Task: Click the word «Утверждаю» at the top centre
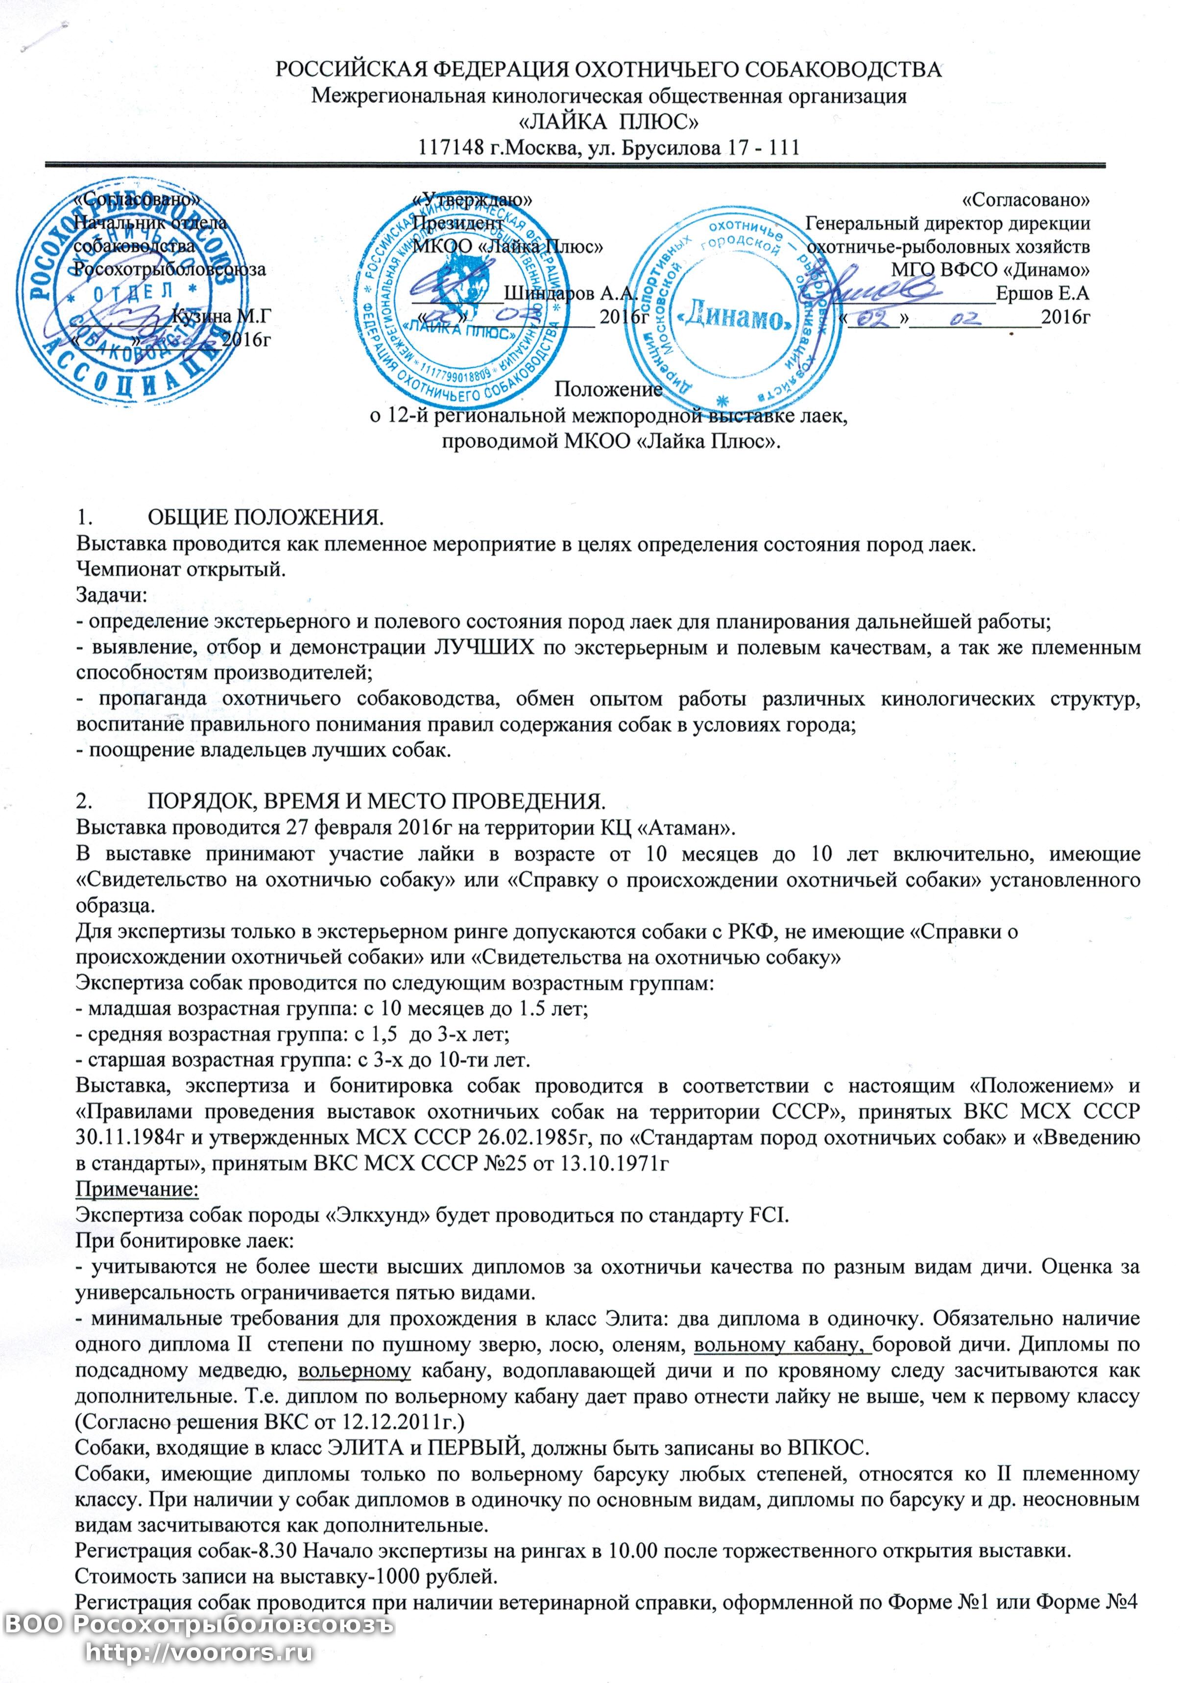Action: pos(473,199)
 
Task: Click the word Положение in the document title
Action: pos(608,389)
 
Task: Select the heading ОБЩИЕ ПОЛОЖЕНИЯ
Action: pos(265,518)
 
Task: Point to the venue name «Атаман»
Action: pos(685,828)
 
